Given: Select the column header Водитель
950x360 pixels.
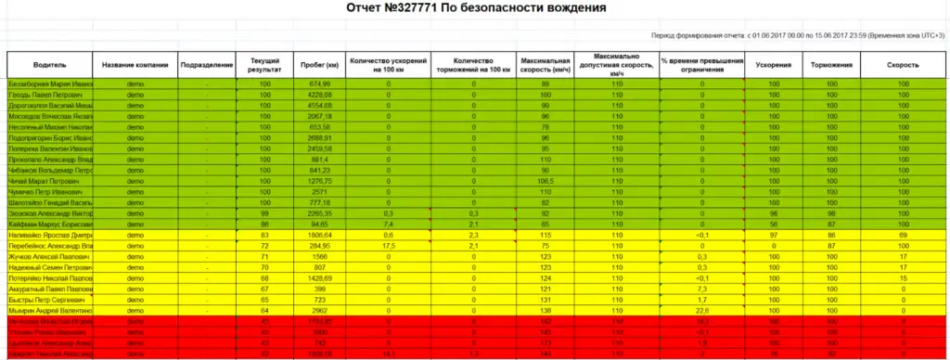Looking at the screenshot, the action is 49,66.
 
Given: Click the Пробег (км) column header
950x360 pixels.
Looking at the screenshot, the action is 320,66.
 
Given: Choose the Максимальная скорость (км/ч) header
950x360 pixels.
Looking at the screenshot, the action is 546,66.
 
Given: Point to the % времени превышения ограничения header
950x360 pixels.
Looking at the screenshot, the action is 702,66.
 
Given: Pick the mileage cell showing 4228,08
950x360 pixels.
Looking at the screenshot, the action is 320,95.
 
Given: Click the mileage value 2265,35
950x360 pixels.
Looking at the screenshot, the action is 320,213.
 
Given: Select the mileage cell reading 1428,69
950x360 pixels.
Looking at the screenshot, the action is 320,277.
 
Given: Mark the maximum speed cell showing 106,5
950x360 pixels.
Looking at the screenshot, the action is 546,181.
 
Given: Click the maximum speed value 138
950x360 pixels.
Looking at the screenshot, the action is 546,310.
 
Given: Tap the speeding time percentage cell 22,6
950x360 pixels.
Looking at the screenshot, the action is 702,310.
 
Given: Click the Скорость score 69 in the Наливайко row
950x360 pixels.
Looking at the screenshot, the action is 903,235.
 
